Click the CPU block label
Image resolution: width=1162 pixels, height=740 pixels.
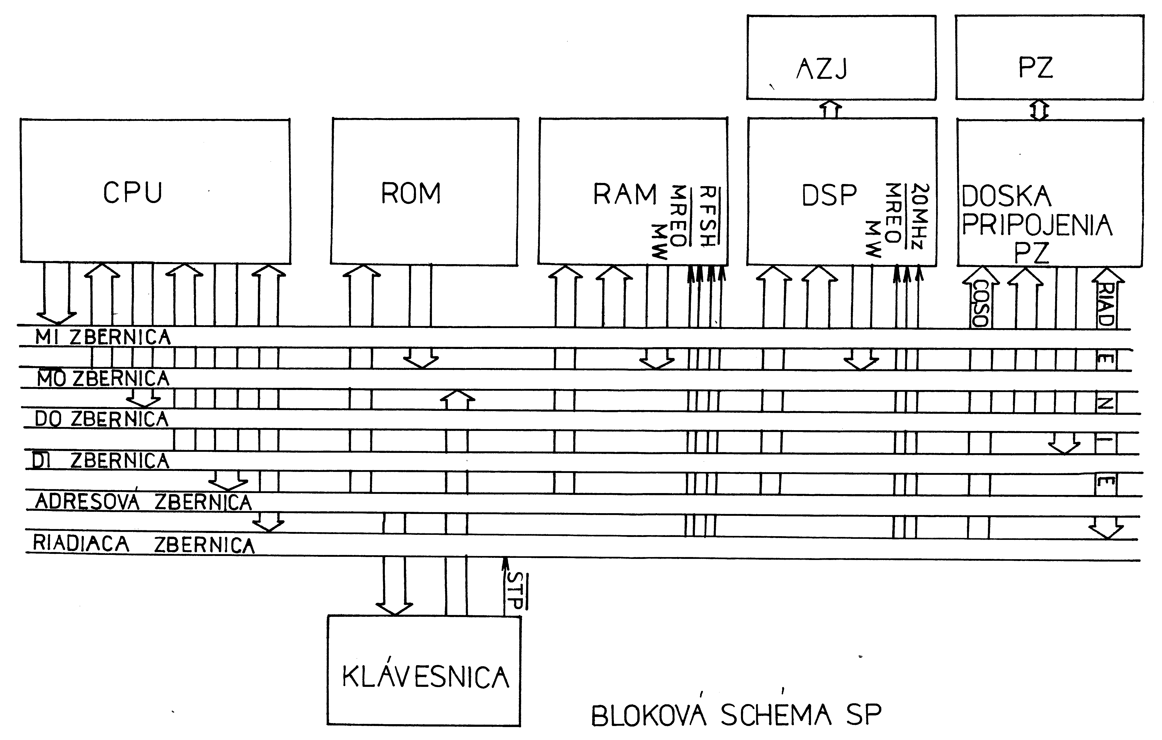pos(133,193)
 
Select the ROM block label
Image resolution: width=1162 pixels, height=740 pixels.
pos(411,194)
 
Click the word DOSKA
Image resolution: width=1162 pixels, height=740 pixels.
pos(1006,197)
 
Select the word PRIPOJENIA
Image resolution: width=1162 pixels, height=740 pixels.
pos(1037,225)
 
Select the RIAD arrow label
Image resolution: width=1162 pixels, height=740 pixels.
pos(1105,304)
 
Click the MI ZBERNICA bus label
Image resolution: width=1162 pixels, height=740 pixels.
pos(103,337)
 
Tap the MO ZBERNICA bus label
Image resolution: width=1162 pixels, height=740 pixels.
pos(103,379)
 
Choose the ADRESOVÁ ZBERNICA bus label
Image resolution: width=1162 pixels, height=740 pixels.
pos(143,502)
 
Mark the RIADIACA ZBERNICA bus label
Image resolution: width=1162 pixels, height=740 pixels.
pos(143,544)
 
